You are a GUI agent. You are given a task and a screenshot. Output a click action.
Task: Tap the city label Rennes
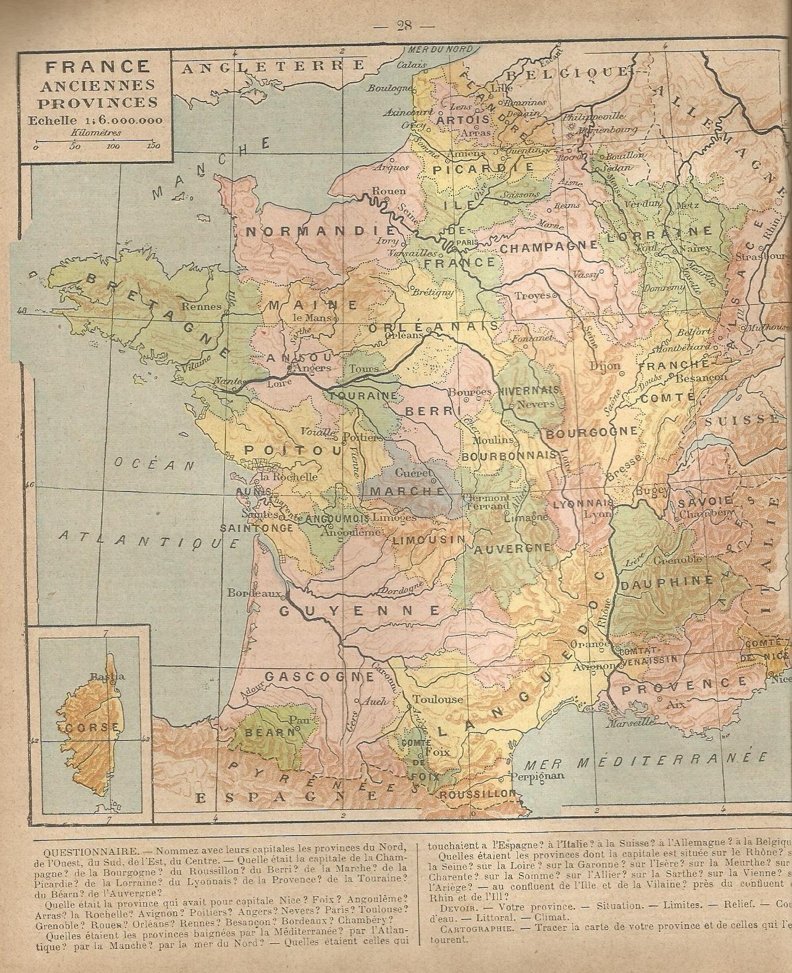click(201, 306)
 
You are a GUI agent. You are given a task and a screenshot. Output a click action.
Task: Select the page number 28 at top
click(404, 26)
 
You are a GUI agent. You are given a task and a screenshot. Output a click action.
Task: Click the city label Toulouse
click(437, 699)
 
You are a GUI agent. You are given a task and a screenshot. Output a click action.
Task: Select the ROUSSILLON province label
click(477, 793)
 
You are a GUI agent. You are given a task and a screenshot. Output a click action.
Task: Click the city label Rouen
click(388, 191)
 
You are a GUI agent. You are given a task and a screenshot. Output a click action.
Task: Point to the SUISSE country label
click(742, 420)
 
